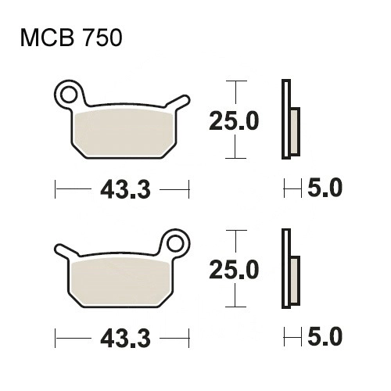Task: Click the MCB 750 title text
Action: pos(71,38)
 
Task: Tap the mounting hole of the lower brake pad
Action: pos(176,243)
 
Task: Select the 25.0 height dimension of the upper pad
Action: pos(234,121)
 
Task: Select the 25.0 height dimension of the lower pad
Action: pos(234,270)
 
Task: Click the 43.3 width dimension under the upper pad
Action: pos(125,189)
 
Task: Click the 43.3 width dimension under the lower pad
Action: pos(125,339)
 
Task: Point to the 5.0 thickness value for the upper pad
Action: pos(325,188)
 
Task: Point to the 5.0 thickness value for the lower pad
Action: pos(325,336)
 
